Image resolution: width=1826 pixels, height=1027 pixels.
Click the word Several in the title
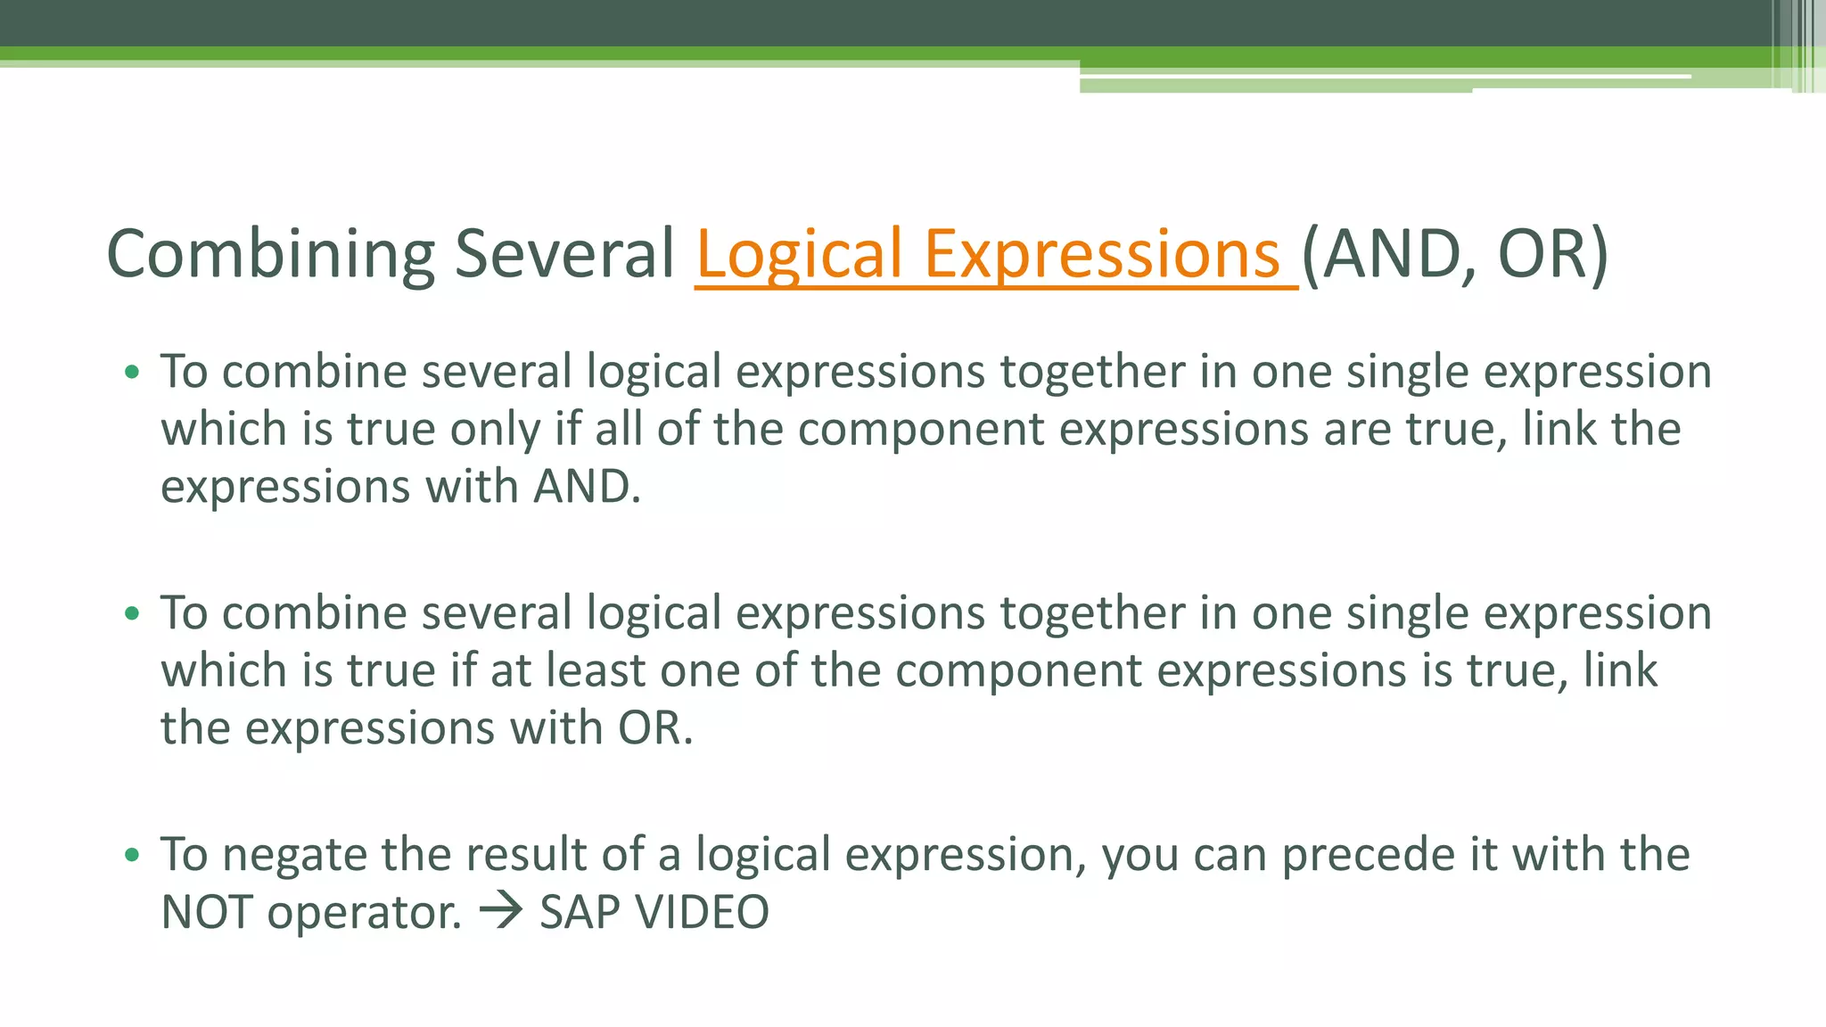pyautogui.click(x=564, y=255)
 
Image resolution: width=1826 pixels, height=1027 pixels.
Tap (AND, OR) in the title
pyautogui.click(x=1455, y=255)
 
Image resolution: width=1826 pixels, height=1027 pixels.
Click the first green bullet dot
pyautogui.click(x=132, y=372)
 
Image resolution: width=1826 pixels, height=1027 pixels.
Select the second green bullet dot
pyautogui.click(x=132, y=613)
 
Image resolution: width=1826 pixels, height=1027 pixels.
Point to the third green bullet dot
pyautogui.click(x=132, y=855)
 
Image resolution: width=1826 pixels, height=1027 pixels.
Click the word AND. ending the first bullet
pyautogui.click(x=587, y=487)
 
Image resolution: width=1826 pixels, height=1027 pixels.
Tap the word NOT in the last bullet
pyautogui.click(x=206, y=912)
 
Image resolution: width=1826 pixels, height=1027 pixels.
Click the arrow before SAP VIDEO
pyautogui.click(x=500, y=912)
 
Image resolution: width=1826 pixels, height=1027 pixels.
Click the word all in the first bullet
pyautogui.click(x=619, y=429)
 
